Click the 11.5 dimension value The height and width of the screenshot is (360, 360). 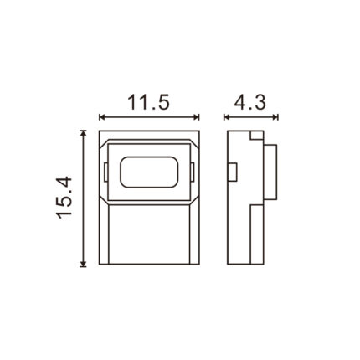point(148,102)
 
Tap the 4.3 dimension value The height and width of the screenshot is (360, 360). point(250,102)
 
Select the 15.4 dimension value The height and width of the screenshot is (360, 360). point(64,198)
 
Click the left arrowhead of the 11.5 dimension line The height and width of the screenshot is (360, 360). point(101,117)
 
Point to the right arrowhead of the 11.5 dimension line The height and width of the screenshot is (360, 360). point(197,117)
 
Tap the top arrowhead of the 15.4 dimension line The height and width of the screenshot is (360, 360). point(83,132)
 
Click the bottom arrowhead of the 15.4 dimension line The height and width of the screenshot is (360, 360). point(83,264)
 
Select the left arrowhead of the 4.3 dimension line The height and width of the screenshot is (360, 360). point(226,117)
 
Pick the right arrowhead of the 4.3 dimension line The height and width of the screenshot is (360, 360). point(275,117)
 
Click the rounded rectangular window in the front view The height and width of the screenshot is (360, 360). point(149,172)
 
